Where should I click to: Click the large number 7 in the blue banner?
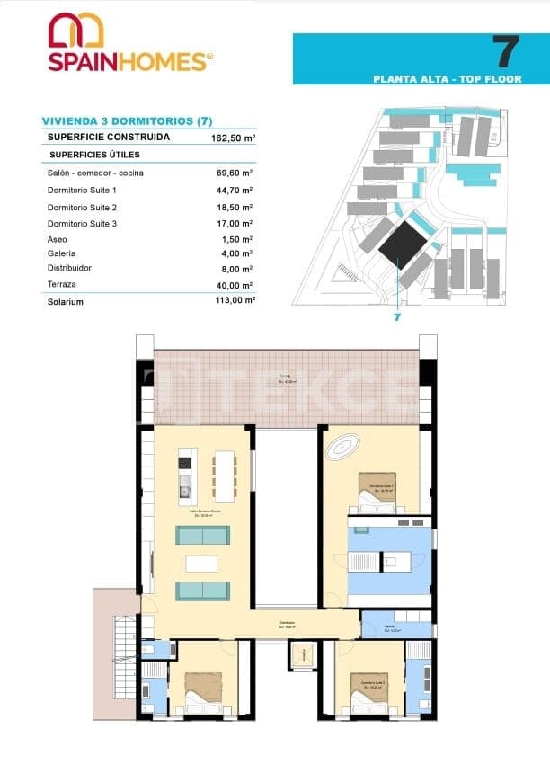(x=507, y=52)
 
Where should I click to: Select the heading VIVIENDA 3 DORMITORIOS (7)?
(x=127, y=121)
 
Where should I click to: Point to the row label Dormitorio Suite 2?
(x=82, y=207)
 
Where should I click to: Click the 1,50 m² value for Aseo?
(x=238, y=239)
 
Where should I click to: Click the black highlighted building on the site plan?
(x=402, y=242)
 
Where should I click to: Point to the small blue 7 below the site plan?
(x=395, y=317)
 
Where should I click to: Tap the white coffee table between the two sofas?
(x=201, y=564)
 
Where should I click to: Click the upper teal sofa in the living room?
(x=201, y=536)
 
